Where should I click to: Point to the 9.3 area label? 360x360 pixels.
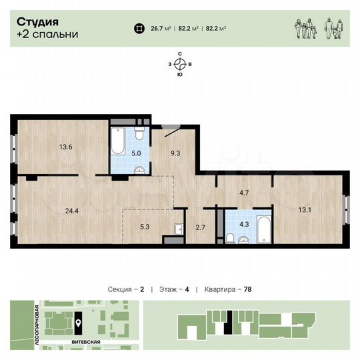[176, 154]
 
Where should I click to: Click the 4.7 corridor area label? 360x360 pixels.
[244, 193]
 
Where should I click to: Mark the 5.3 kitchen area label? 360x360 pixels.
[145, 227]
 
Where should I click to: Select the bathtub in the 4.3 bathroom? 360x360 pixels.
[263, 229]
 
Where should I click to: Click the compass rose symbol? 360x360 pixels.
[180, 64]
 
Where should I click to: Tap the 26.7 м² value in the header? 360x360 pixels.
[161, 28]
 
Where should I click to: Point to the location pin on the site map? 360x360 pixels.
[79, 323]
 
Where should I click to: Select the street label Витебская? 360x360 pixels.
[86, 341]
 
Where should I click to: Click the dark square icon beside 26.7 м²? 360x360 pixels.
[138, 28]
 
